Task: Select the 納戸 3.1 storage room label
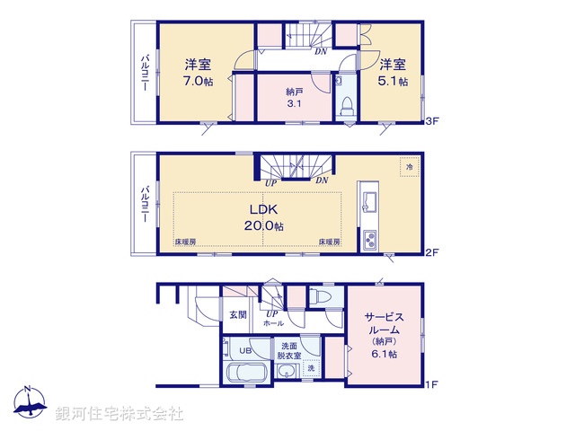pyautogui.click(x=294, y=98)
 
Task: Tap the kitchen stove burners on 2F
pyautogui.click(x=370, y=241)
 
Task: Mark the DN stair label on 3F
pyautogui.click(x=320, y=50)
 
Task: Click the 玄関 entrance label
pyautogui.click(x=237, y=314)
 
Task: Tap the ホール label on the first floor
pyautogui.click(x=273, y=323)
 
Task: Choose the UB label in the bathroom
pyautogui.click(x=244, y=350)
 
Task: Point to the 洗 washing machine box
pyautogui.click(x=311, y=369)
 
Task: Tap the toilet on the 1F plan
pyautogui.click(x=320, y=297)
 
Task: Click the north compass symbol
pyautogui.click(x=29, y=402)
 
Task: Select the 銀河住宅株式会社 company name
pyautogui.click(x=119, y=413)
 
